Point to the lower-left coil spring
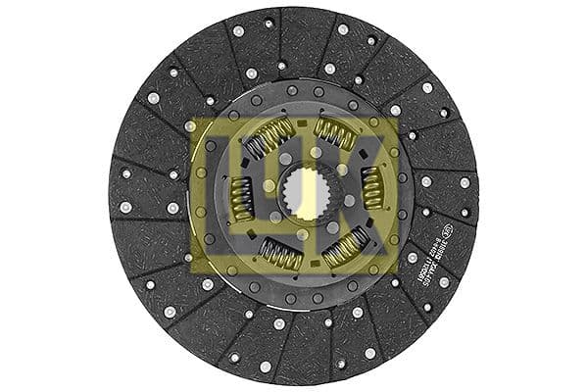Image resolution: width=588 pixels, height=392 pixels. [x=279, y=255]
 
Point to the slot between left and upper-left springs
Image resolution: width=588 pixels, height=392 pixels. [x=241, y=158]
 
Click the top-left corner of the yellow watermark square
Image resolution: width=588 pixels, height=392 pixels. [x=190, y=119]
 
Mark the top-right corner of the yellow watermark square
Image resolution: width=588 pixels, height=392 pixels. [x=400, y=119]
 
